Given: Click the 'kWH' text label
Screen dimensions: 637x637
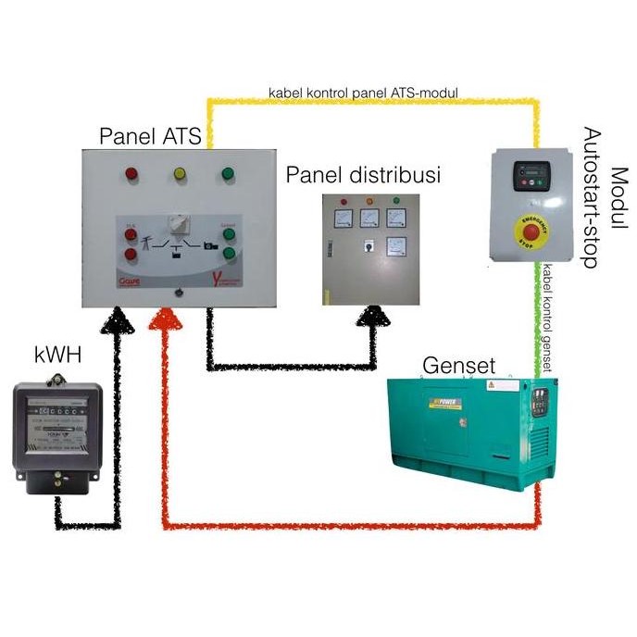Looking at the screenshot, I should point(55,354).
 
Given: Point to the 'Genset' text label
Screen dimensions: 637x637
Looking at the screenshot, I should point(459,364).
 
